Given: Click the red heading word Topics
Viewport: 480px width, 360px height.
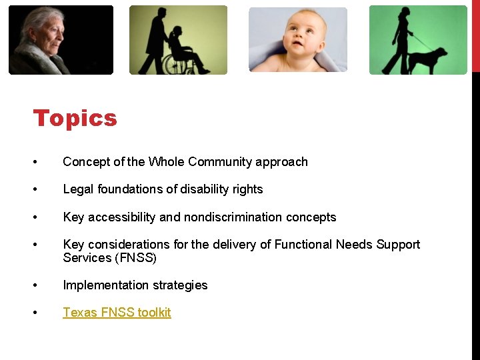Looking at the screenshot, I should (x=75, y=118).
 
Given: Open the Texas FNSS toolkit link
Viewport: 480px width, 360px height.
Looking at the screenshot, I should (x=117, y=312).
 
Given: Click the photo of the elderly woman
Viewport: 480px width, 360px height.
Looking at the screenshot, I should (x=60, y=39).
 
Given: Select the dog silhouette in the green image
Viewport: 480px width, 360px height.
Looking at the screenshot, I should (x=428, y=59).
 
